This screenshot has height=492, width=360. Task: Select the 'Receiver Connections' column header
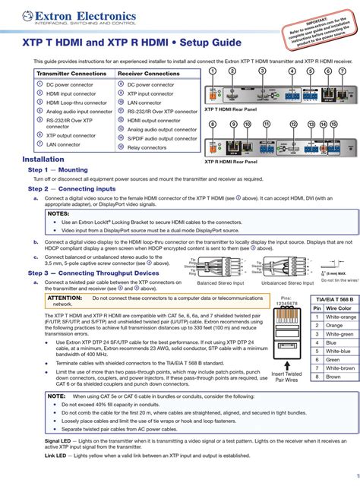(x=149, y=74)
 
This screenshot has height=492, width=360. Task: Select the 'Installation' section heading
(x=43, y=160)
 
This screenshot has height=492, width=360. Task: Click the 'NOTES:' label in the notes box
(x=58, y=214)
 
